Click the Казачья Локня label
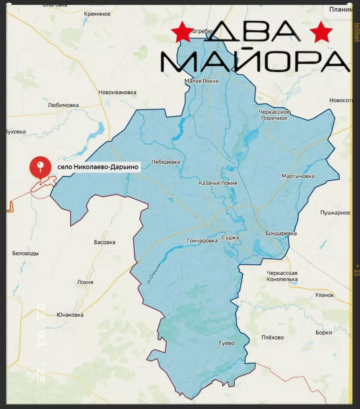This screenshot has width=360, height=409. tap(218, 183)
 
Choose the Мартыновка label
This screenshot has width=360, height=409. tap(298, 176)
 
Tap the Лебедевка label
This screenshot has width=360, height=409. tap(166, 162)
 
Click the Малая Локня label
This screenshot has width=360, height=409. tap(202, 81)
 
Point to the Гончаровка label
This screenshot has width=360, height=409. tap(202, 241)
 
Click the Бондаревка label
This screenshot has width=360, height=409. tap(281, 233)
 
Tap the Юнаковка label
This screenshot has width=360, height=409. tap(70, 315)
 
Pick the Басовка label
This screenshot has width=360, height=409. tap(105, 242)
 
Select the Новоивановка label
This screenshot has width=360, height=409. tap(117, 93)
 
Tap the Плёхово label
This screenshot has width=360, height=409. tap(273, 338)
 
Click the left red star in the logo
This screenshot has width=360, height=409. tap(182, 32)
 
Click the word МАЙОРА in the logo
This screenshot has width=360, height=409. tap(255, 61)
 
